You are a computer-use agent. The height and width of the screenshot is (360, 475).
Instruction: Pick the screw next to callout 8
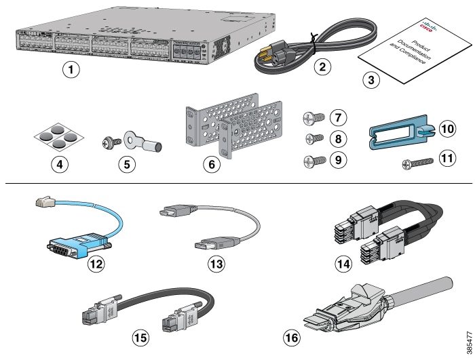[x=313, y=140]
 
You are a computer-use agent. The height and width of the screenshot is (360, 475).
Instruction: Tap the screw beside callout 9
[x=312, y=161]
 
